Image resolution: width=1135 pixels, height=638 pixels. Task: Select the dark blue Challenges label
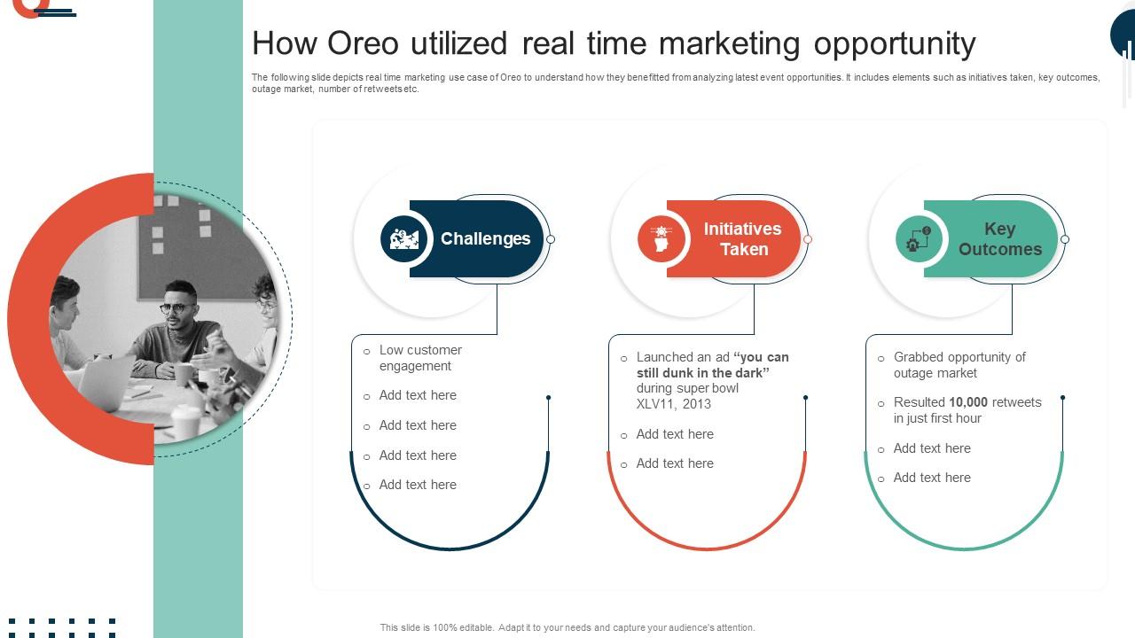tap(485, 238)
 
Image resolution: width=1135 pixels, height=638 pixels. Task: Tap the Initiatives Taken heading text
tap(742, 238)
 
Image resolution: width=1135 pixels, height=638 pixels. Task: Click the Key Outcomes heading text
tap(999, 238)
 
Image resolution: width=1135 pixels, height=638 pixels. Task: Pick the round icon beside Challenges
tap(403, 238)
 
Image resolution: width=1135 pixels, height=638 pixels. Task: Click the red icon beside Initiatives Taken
tap(661, 238)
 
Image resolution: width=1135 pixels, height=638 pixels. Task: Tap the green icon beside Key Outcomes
tap(919, 238)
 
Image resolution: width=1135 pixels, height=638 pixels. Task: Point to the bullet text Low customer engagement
tap(419, 358)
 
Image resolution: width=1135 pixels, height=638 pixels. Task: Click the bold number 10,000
tap(968, 402)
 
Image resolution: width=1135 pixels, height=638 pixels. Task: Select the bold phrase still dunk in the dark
tap(702, 373)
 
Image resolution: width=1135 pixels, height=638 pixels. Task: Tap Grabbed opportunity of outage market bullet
tap(959, 365)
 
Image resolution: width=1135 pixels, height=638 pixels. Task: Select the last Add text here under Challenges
tap(418, 485)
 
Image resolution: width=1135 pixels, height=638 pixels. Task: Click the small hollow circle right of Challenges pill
tap(551, 239)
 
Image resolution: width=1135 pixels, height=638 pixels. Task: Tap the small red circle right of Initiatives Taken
tap(808, 239)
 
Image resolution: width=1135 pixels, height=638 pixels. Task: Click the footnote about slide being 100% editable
tap(567, 627)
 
